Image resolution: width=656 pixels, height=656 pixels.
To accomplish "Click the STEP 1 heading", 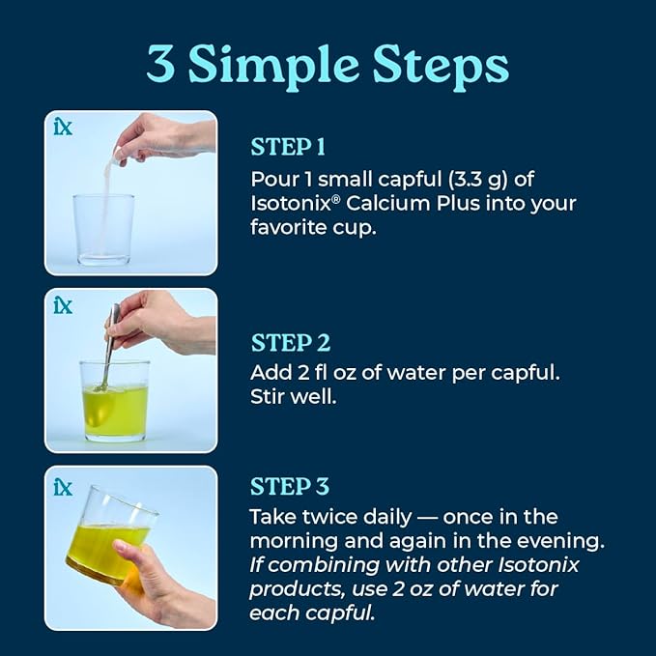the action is [288, 147].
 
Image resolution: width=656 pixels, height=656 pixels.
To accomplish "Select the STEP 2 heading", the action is [291, 343].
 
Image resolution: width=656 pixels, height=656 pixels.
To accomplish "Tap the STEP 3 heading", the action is [290, 487].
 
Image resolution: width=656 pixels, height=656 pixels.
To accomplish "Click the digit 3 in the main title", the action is [161, 63].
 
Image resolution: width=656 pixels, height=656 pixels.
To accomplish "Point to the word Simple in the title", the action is [273, 67].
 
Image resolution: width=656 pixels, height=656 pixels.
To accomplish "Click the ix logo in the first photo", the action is [63, 127].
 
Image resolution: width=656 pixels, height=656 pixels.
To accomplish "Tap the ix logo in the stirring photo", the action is [63, 305].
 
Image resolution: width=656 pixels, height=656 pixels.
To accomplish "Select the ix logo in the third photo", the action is [63, 487].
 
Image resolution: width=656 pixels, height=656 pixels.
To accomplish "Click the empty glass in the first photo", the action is [103, 229].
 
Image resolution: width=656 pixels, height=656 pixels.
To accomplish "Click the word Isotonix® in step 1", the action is [295, 204].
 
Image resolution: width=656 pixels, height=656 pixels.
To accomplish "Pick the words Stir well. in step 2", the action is [294, 396].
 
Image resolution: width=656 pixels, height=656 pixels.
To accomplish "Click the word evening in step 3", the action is [561, 542].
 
